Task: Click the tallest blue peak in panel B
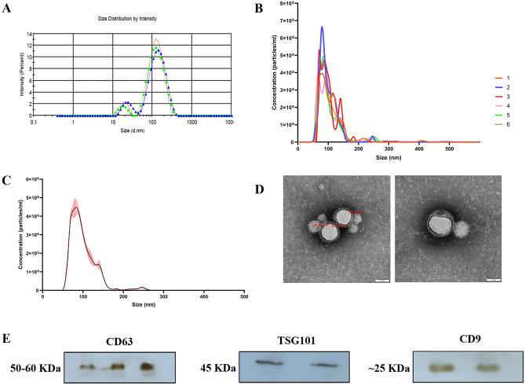322,28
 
